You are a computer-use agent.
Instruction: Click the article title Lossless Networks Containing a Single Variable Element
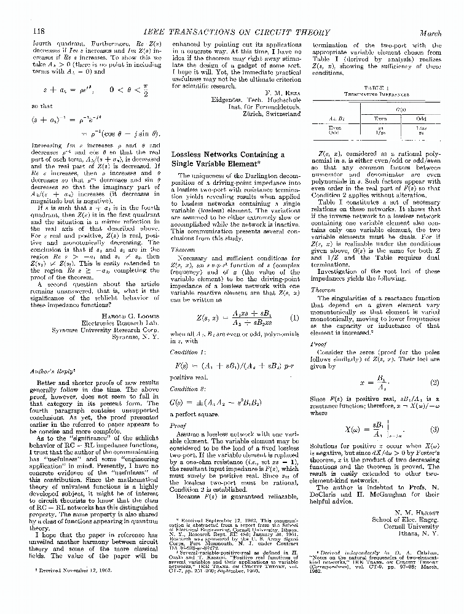coord(227,160)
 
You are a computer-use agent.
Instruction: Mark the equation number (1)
coord(294,318)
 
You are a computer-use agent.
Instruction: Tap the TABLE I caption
coord(377,88)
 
